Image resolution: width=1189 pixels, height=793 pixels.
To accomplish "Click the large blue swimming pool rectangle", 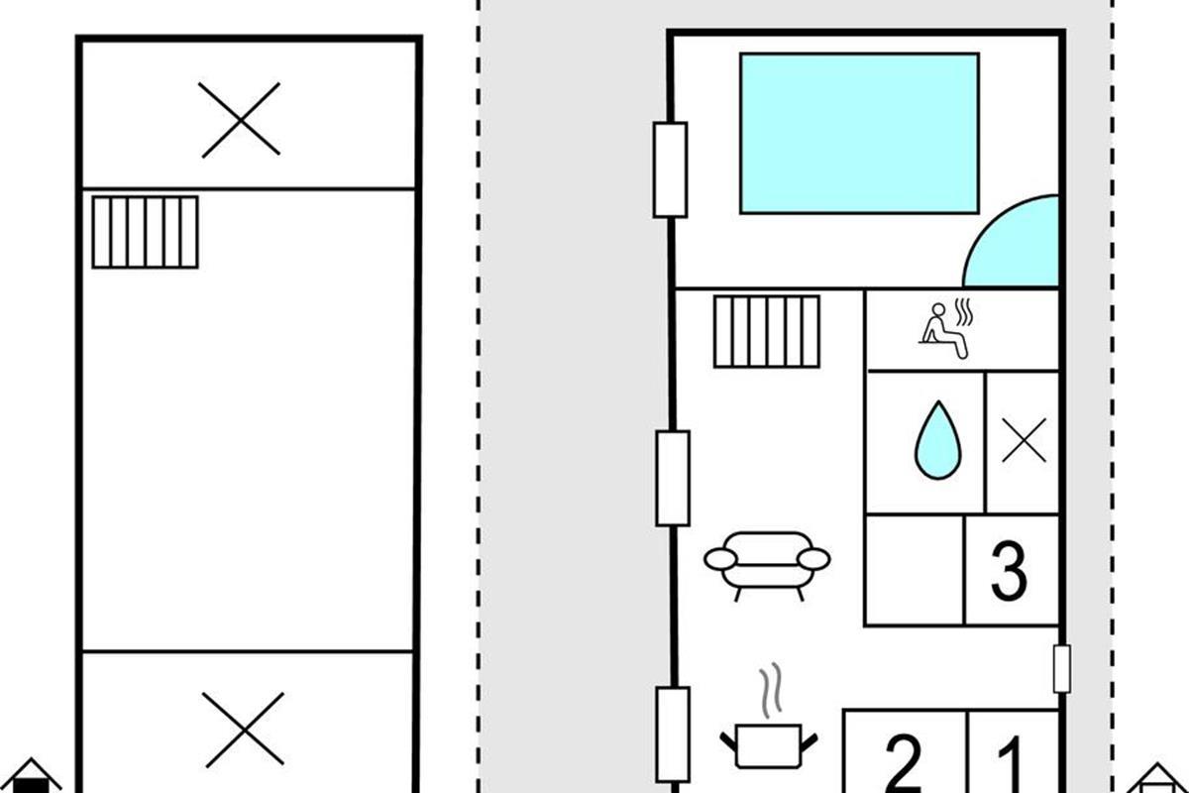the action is click(859, 133).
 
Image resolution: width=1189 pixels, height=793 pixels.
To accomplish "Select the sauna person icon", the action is click(946, 329).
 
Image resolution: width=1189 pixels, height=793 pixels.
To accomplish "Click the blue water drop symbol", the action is click(938, 441).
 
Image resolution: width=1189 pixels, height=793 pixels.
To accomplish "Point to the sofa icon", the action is click(767, 566).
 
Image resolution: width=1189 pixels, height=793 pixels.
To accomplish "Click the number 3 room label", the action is click(1009, 571).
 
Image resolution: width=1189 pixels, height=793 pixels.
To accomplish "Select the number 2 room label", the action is click(903, 764).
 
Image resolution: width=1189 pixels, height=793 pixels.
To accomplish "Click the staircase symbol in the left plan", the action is click(145, 232).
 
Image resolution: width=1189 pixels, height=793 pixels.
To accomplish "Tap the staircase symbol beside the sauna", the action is click(767, 331).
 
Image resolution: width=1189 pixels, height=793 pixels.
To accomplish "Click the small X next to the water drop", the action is click(1024, 440).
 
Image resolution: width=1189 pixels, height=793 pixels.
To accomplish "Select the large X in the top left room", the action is click(241, 120).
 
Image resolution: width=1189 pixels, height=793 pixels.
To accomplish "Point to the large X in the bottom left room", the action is click(244, 730).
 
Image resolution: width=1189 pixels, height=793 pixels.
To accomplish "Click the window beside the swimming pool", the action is click(671, 170).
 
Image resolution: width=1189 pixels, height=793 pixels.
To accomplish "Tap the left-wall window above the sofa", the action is click(673, 479).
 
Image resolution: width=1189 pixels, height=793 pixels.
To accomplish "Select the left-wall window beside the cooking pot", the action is click(673, 736).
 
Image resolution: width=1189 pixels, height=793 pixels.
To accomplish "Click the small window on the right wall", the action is click(1061, 669).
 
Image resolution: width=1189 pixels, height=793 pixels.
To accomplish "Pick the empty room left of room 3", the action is click(915, 570).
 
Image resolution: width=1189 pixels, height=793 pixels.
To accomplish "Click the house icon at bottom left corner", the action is click(31, 775).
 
